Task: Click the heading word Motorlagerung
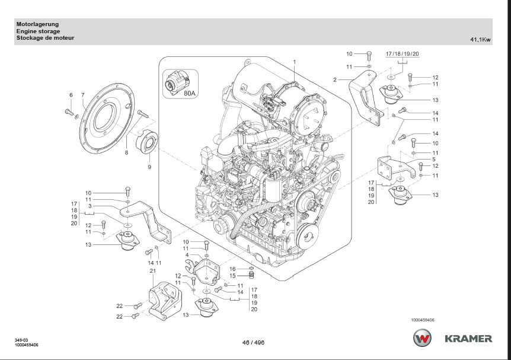click(x=37, y=24)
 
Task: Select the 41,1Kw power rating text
click(x=480, y=40)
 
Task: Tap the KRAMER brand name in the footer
click(x=469, y=339)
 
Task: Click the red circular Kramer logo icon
click(x=423, y=339)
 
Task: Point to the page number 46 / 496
click(x=253, y=343)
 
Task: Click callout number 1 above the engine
click(x=293, y=62)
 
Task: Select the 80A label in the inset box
click(x=190, y=93)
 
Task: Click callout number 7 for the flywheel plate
click(x=83, y=95)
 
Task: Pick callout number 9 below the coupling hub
click(x=149, y=167)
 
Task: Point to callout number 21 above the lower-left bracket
click(x=152, y=271)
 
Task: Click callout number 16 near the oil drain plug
click(x=233, y=269)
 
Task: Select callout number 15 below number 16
click(x=233, y=276)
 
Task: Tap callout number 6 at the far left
click(x=71, y=95)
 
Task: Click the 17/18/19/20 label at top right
click(x=403, y=54)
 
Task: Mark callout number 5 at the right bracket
click(x=435, y=159)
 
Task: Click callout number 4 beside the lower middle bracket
click(x=187, y=256)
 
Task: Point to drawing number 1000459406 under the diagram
click(x=423, y=320)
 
